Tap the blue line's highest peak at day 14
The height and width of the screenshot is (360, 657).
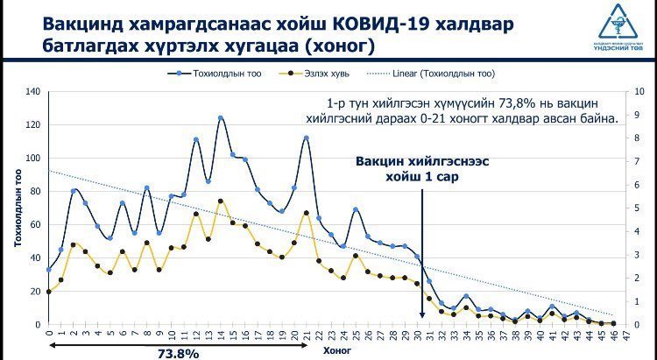click(x=221, y=118)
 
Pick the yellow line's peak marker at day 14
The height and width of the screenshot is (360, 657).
click(x=221, y=201)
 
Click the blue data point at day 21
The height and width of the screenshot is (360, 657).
click(x=307, y=138)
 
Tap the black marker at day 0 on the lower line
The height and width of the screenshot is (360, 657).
click(x=48, y=292)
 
